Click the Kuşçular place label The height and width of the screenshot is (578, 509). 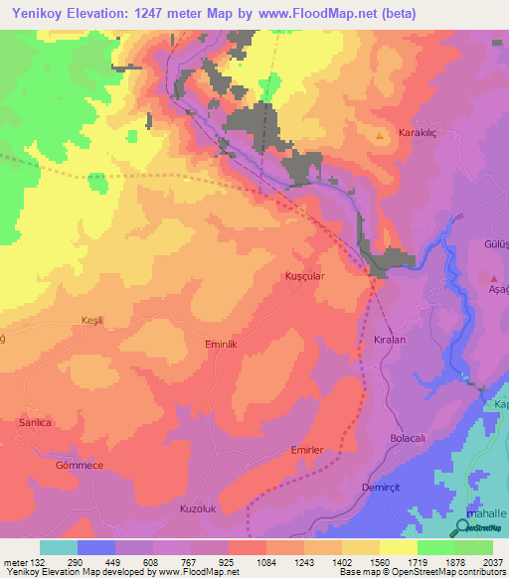[304, 275]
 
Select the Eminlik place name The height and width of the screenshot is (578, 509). [222, 343]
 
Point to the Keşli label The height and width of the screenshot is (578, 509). [92, 320]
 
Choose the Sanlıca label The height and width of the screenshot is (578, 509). [35, 422]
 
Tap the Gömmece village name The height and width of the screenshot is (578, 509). [79, 465]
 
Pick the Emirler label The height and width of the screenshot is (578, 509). [307, 450]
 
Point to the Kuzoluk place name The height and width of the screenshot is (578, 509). [197, 508]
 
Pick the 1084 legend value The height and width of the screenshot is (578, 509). [265, 560]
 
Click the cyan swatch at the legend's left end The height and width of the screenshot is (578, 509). [58, 547]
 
